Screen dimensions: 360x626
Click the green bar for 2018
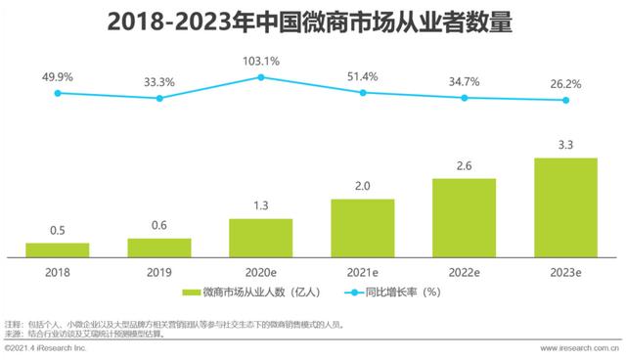[x=57, y=248]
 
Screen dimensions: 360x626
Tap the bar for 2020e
[x=260, y=237]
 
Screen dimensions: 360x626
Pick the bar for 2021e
[x=362, y=227]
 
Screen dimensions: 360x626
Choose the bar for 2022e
[x=464, y=216]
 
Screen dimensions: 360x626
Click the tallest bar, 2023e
[x=565, y=205]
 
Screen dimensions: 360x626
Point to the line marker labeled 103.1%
[x=260, y=77]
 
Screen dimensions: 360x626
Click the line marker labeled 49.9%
[x=57, y=93]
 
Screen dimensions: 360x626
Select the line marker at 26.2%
[x=565, y=100]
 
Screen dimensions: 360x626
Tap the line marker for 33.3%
[x=158, y=97]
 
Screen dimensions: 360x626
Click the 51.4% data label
[x=362, y=76]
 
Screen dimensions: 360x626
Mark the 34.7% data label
[x=464, y=81]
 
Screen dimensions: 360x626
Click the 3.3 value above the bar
[x=565, y=145]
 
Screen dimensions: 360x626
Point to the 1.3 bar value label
[x=260, y=206]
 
